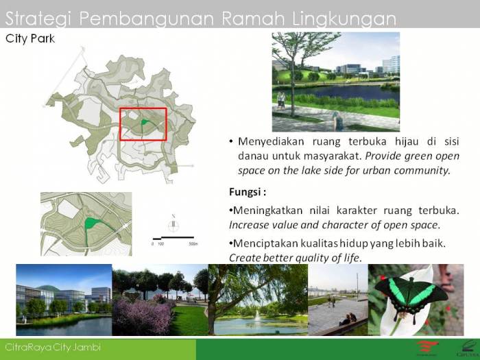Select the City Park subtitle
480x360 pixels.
[x=30, y=39]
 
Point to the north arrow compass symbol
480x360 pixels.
[x=174, y=222]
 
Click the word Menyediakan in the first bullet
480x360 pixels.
[x=271, y=141]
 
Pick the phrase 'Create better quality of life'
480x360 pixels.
[x=295, y=258]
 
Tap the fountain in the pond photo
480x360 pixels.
[x=256, y=315]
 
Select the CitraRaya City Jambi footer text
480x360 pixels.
[x=53, y=347]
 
